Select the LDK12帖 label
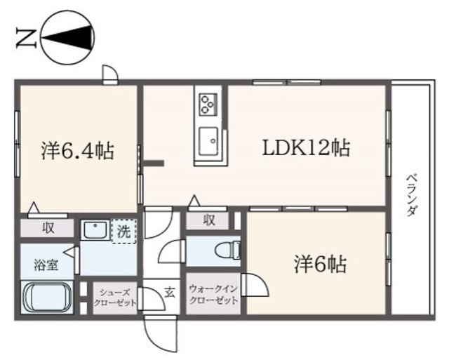(x=307, y=148)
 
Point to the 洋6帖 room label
(x=319, y=265)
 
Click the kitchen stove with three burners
(x=208, y=105)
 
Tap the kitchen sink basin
(x=208, y=142)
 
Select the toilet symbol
(x=229, y=250)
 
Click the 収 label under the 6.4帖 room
(x=48, y=227)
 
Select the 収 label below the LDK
(x=209, y=220)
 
